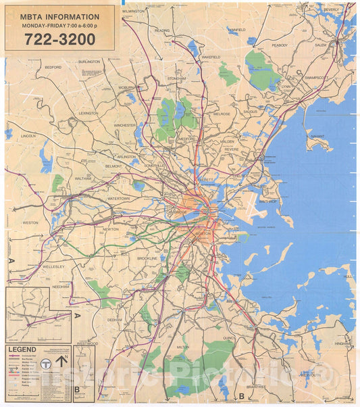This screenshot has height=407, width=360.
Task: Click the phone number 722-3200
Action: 60,39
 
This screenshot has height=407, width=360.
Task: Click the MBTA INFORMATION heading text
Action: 60,17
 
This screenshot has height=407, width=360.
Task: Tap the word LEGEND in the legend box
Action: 22,350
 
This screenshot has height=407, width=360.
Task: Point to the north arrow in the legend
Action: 61,361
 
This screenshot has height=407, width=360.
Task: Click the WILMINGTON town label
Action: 134,11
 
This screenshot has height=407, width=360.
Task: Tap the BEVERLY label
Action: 332,10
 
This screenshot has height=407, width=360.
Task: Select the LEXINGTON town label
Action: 88,114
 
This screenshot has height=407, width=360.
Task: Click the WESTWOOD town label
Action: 87,343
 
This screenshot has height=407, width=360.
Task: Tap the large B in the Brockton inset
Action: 77,389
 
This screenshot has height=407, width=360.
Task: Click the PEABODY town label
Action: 280,45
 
